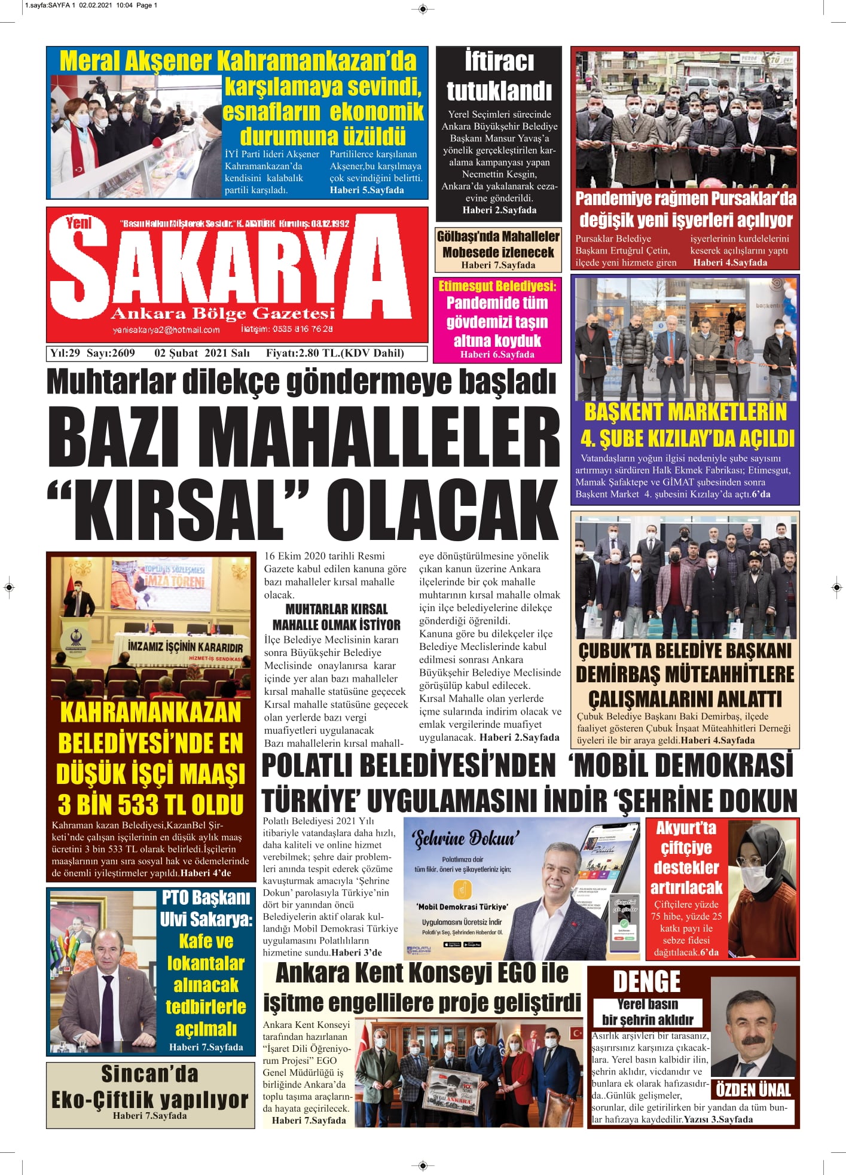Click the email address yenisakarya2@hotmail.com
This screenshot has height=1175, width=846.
(x=166, y=329)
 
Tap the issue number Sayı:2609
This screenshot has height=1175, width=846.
(x=111, y=353)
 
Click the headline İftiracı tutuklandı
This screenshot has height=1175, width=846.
(x=499, y=77)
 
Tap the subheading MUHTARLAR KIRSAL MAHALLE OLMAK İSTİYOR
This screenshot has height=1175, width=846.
(x=336, y=617)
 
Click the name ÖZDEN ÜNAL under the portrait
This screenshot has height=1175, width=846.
(x=753, y=1089)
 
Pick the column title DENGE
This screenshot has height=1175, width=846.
(x=646, y=981)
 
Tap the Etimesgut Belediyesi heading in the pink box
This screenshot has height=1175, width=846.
(x=497, y=286)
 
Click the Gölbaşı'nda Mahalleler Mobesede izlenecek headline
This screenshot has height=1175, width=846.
(x=498, y=244)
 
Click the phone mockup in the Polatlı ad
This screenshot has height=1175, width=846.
(x=604, y=885)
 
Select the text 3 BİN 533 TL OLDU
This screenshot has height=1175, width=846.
(x=151, y=804)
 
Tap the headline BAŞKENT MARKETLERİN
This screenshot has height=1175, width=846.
(x=685, y=412)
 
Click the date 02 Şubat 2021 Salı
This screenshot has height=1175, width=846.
(x=201, y=353)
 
